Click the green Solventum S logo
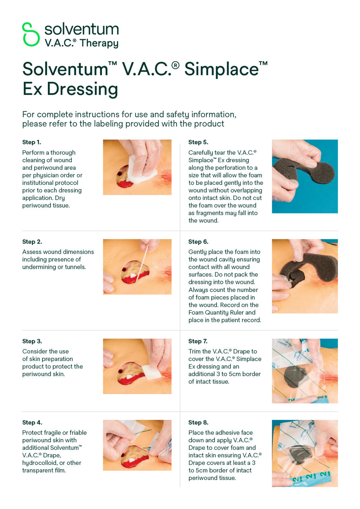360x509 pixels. point(31,34)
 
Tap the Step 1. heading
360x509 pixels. point(32,142)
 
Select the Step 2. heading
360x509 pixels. point(32,242)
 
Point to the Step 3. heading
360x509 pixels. point(32,341)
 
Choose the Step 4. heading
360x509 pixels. point(32,423)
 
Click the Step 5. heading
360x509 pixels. point(198,142)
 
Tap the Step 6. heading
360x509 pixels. point(198,242)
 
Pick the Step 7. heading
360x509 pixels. point(198,341)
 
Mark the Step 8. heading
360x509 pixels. point(198,423)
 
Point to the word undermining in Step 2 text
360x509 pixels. point(40,267)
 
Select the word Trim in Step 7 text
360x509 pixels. point(195,352)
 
